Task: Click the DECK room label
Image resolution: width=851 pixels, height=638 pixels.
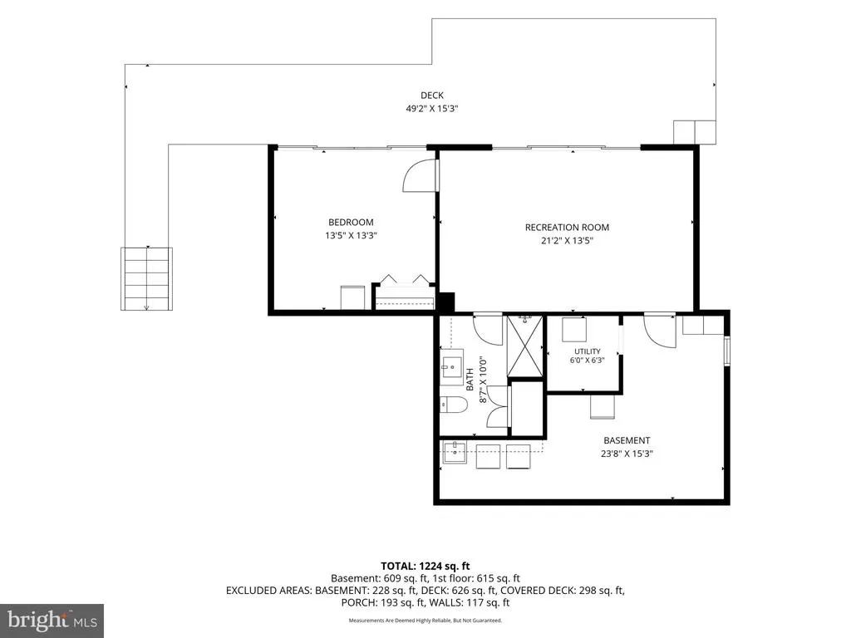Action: click(432, 96)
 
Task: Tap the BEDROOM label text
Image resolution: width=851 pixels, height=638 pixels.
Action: click(351, 222)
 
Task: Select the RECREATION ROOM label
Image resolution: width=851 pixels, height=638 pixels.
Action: click(567, 228)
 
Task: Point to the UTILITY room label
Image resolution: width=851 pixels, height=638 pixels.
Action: click(588, 351)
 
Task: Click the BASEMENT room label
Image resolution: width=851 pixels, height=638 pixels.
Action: click(627, 440)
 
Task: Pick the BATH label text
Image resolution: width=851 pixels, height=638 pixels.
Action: click(470, 379)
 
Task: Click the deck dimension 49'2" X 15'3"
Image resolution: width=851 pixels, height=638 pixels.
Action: click(432, 109)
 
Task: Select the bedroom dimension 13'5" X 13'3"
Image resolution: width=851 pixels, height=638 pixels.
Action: click(351, 235)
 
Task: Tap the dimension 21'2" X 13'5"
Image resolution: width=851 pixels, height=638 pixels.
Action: click(567, 240)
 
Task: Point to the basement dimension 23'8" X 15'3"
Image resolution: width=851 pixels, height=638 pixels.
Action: click(627, 454)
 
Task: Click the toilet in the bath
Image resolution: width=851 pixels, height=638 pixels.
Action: click(454, 405)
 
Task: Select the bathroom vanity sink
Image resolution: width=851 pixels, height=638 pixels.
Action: click(451, 367)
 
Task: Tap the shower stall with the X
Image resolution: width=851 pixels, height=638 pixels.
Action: click(525, 346)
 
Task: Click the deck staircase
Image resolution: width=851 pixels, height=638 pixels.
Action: click(146, 279)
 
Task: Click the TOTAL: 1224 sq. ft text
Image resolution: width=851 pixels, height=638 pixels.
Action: click(425, 567)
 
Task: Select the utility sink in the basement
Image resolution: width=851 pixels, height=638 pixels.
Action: click(455, 453)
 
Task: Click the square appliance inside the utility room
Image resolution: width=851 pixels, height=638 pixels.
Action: click(574, 329)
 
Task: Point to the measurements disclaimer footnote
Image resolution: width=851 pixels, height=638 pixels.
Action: click(425, 620)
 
